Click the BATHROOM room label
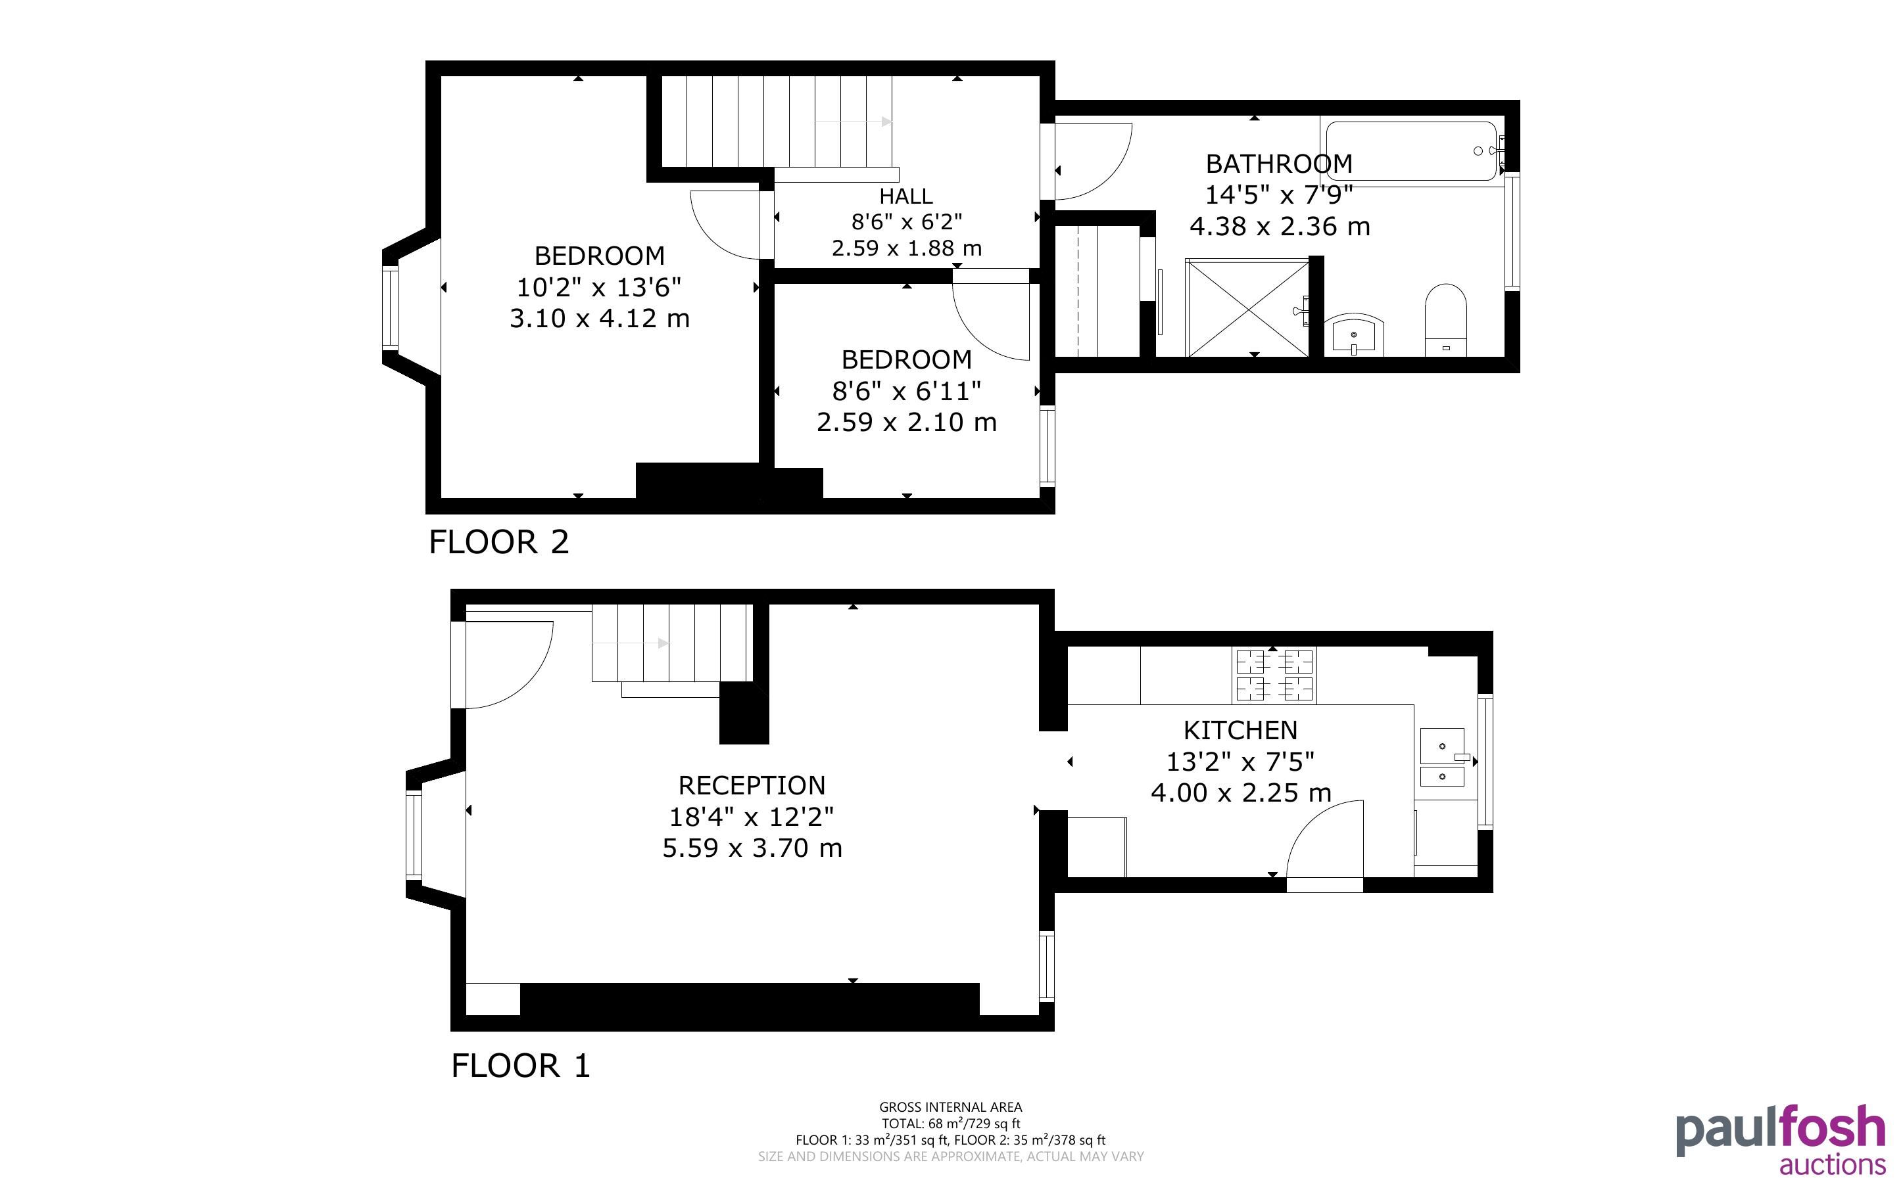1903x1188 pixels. [x=1279, y=164]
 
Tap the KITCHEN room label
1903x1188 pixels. [x=1240, y=731]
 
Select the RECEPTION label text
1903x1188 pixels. [x=752, y=786]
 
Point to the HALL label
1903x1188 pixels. [x=906, y=196]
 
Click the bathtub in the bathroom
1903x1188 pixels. [x=1411, y=152]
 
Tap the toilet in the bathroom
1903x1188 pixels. [x=1446, y=320]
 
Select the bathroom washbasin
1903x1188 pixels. [x=1353, y=334]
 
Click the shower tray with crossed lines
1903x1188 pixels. [x=1247, y=308]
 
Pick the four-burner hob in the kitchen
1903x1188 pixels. [x=1274, y=675]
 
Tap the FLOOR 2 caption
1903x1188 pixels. [x=498, y=542]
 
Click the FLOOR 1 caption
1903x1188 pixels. [x=520, y=1066]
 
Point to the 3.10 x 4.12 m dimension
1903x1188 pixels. [x=600, y=318]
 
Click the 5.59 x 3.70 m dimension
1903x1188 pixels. [x=752, y=848]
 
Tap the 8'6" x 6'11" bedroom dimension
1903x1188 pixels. [x=906, y=390]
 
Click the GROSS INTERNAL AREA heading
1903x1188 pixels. [x=950, y=1108]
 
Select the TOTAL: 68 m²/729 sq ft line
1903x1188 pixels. [x=950, y=1124]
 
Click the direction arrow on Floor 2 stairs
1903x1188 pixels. [x=854, y=122]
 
